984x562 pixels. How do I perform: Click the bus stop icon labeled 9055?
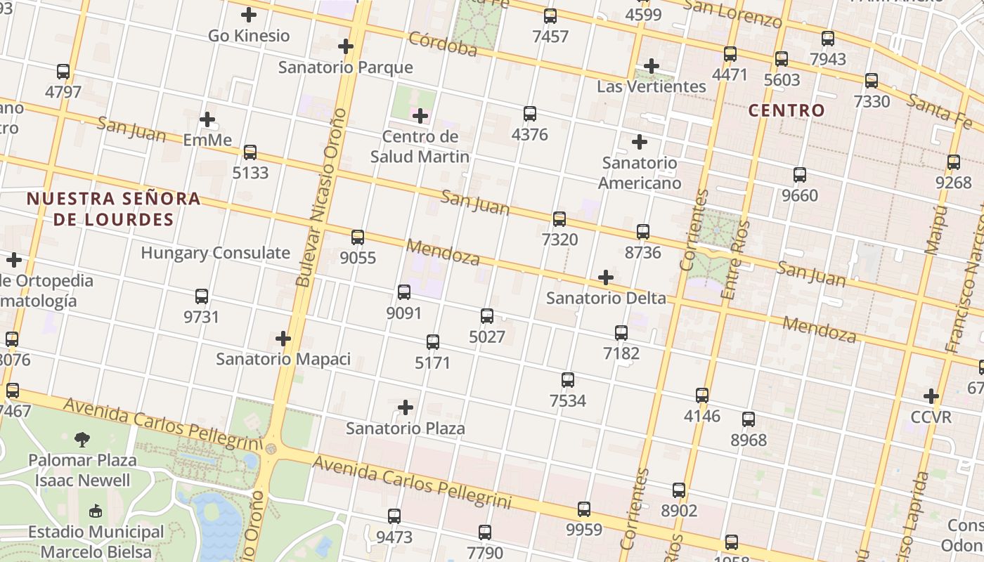pyautogui.click(x=358, y=237)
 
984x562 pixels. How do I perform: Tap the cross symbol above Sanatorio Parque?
pyautogui.click(x=346, y=47)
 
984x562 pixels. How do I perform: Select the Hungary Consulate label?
pyautogui.click(x=215, y=253)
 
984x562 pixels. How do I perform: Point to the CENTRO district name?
pyautogui.click(x=786, y=110)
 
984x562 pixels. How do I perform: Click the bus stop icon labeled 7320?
pyautogui.click(x=559, y=219)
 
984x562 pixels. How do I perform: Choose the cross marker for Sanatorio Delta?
pyautogui.click(x=606, y=277)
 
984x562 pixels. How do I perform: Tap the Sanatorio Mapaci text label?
pyautogui.click(x=283, y=359)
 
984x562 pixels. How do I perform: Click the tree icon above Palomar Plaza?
pyautogui.click(x=82, y=440)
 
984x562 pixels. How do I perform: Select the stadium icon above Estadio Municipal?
pyautogui.click(x=96, y=511)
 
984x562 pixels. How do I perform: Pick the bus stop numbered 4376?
pyautogui.click(x=530, y=114)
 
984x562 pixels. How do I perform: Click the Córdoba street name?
pyautogui.click(x=443, y=44)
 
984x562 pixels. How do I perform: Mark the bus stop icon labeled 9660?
pyautogui.click(x=800, y=175)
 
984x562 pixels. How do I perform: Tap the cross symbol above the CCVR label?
pyautogui.click(x=931, y=396)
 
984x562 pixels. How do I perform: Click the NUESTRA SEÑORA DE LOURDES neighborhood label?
pyautogui.click(x=113, y=209)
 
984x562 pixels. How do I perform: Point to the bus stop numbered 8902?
pyautogui.click(x=679, y=490)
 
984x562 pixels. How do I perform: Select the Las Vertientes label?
pyautogui.click(x=651, y=86)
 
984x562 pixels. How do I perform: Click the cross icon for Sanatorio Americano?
pyautogui.click(x=640, y=143)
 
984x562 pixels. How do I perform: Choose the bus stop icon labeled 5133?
pyautogui.click(x=250, y=152)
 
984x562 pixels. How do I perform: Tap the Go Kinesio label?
pyautogui.click(x=249, y=36)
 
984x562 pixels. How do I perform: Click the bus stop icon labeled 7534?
pyautogui.click(x=568, y=380)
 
